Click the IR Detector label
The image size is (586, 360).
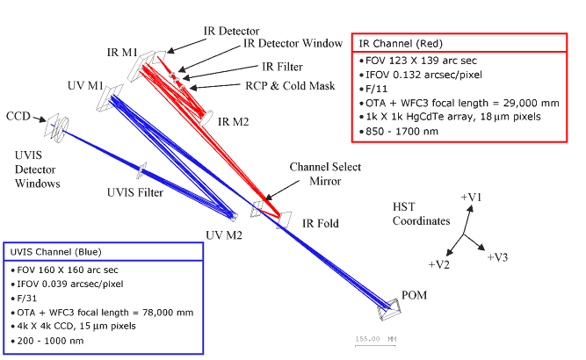tap(231, 31)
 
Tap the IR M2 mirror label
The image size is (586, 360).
tap(233, 122)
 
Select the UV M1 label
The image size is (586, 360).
tap(85, 85)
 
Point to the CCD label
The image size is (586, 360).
tap(18, 116)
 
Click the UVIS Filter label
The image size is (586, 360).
tap(135, 192)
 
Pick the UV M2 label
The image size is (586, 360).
tap(224, 235)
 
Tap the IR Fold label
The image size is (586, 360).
tap(321, 223)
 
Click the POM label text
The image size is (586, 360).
tap(414, 295)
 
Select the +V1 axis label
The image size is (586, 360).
tap(471, 197)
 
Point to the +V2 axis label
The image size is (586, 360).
tap(438, 264)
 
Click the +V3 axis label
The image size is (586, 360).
tap(497, 257)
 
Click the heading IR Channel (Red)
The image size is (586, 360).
tap(401, 44)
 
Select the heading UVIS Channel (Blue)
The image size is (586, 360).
tap(55, 252)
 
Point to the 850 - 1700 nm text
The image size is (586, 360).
tap(399, 132)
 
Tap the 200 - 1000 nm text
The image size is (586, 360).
tap(47, 341)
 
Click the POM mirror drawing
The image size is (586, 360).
tap(388, 309)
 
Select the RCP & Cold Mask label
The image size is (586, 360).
tap(290, 86)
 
